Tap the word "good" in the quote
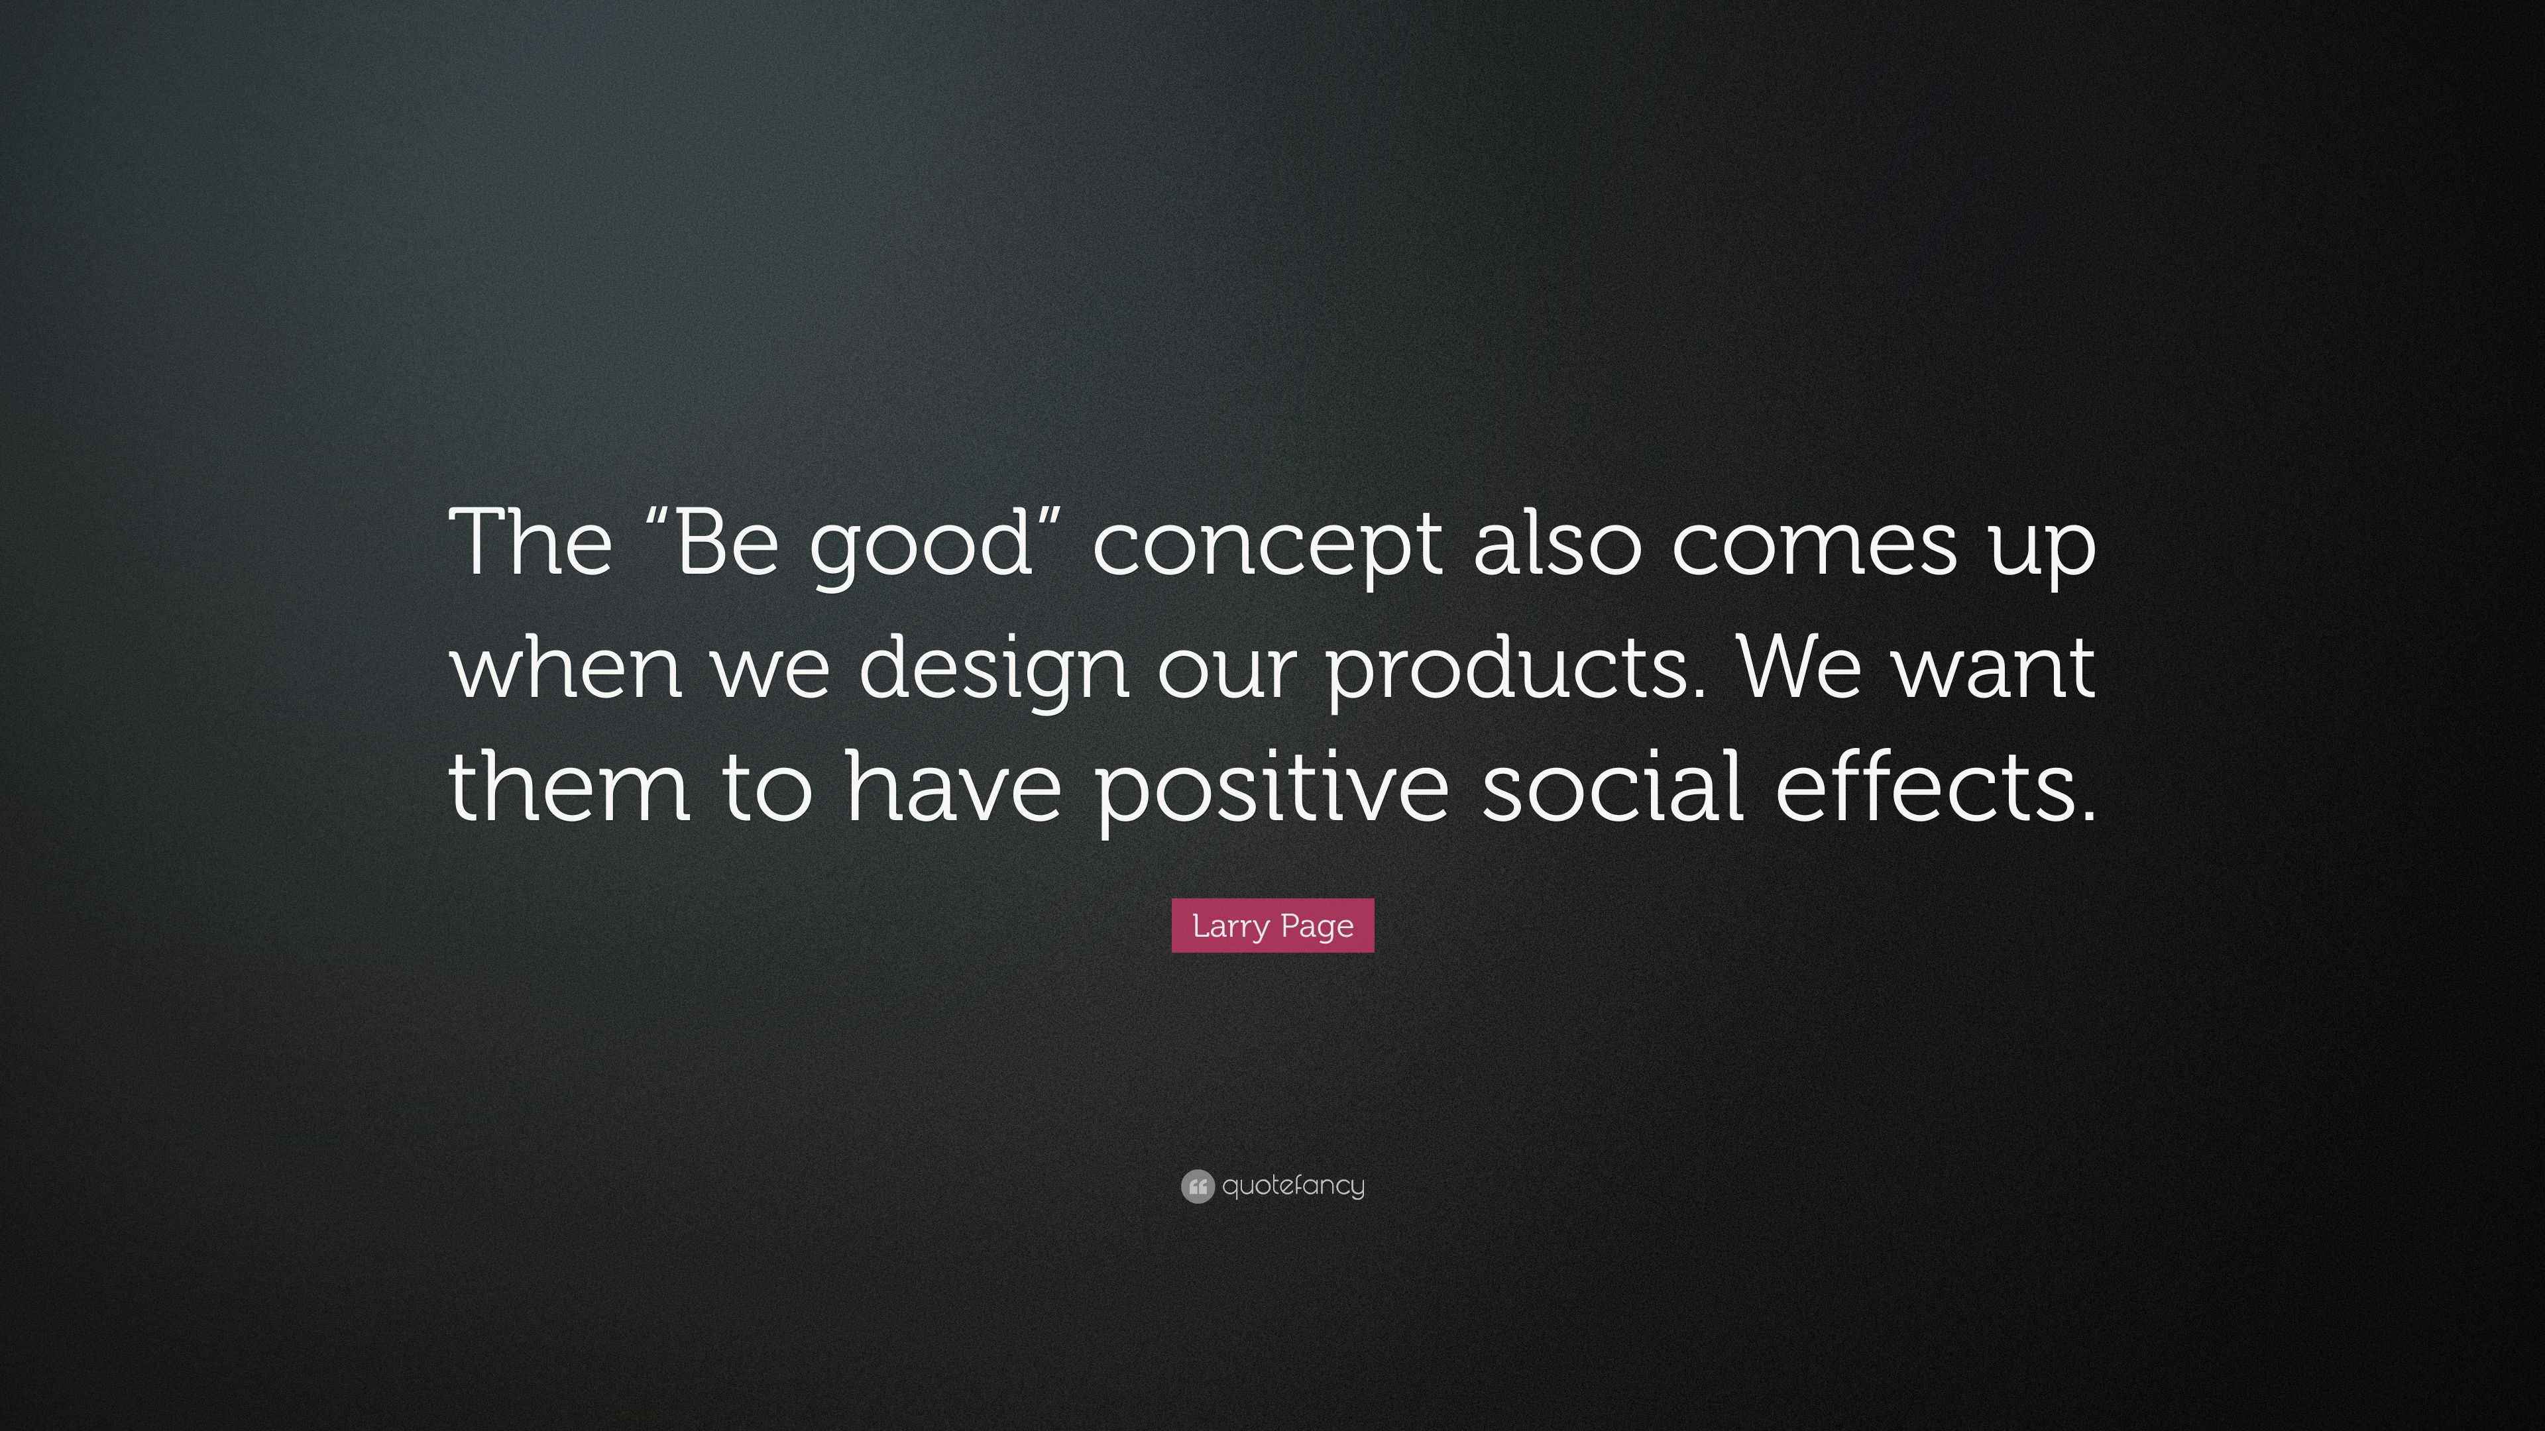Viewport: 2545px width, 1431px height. click(x=921, y=549)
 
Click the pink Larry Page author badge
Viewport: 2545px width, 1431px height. click(x=1272, y=926)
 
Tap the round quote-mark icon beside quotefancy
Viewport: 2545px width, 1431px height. click(x=1198, y=1186)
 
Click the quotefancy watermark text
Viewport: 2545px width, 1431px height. click(x=1293, y=1185)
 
